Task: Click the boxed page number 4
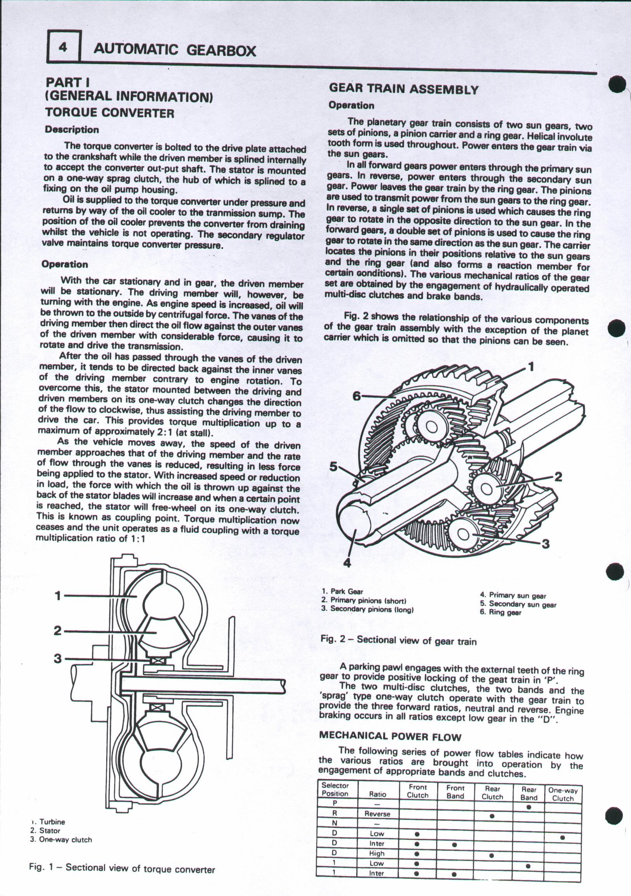64,47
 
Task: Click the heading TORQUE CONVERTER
110,113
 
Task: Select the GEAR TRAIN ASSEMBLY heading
403,89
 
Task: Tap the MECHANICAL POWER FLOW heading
390,737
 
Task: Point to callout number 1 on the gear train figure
531,367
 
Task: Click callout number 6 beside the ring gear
357,396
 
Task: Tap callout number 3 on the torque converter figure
58,658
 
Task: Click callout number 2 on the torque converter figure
58,630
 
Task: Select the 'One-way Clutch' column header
563,794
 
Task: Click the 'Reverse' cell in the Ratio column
377,814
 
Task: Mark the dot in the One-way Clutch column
562,837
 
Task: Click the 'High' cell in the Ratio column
377,853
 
